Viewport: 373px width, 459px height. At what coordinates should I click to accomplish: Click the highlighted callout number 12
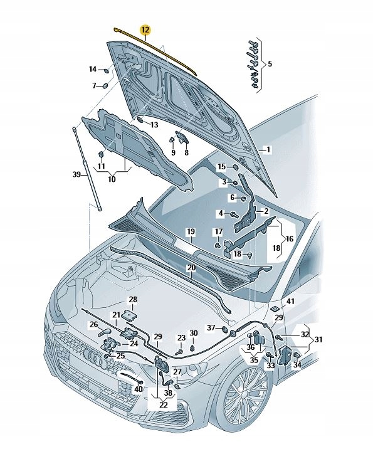tap(145, 29)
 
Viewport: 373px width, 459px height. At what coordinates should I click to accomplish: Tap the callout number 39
tap(76, 175)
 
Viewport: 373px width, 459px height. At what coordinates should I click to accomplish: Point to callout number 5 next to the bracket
tap(270, 64)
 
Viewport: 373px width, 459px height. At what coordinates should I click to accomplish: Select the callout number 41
tap(290, 302)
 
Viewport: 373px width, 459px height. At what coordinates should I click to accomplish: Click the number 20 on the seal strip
tap(191, 268)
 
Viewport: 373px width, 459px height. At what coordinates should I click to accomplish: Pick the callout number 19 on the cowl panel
tap(191, 233)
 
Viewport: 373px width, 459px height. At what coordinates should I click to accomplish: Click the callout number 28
tap(133, 300)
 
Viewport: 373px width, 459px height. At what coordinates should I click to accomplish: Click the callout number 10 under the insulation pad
tap(112, 179)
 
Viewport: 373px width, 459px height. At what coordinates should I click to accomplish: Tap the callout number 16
tap(289, 239)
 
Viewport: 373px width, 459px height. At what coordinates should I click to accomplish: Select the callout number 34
tap(297, 365)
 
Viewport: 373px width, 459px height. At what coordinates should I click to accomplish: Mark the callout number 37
tap(211, 328)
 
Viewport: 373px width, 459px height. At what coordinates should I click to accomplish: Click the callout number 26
tap(93, 325)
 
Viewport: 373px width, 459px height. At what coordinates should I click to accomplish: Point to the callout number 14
tap(92, 69)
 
